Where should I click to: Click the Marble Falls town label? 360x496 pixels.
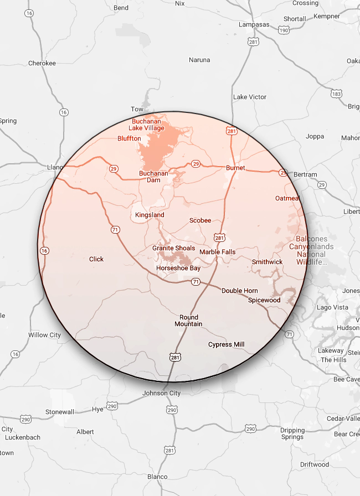click(217, 252)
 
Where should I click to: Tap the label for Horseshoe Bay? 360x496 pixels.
click(178, 268)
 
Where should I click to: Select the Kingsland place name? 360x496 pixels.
click(150, 215)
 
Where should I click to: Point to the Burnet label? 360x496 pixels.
click(235, 168)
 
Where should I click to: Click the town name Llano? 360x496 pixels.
click(54, 167)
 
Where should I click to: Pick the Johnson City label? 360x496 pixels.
click(162, 393)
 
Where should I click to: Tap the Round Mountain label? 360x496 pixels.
click(188, 321)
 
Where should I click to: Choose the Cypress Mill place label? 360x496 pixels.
click(226, 344)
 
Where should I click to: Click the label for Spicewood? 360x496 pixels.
click(264, 300)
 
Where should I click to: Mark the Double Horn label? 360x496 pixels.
click(240, 291)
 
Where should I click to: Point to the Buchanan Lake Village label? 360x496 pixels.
click(148, 125)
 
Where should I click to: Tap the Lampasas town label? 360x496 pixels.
click(253, 25)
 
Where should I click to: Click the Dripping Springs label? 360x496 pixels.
click(292, 433)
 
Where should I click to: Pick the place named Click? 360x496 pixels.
click(96, 259)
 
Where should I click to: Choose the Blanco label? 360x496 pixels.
click(157, 477)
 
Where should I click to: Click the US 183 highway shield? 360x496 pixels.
click(336, 95)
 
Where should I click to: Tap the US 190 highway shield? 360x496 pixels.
click(284, 30)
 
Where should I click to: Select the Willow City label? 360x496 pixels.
click(44, 335)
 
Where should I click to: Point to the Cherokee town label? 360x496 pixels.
click(42, 63)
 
